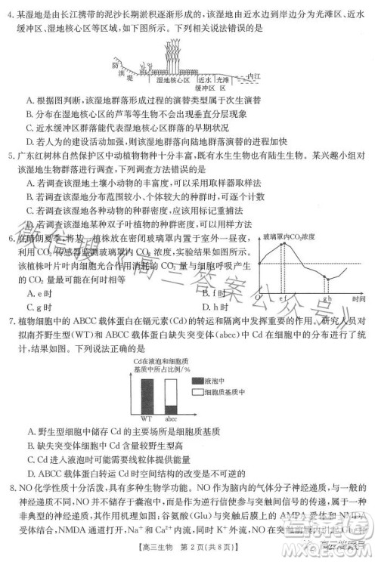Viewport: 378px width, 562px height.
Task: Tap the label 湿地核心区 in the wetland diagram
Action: pos(168,79)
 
